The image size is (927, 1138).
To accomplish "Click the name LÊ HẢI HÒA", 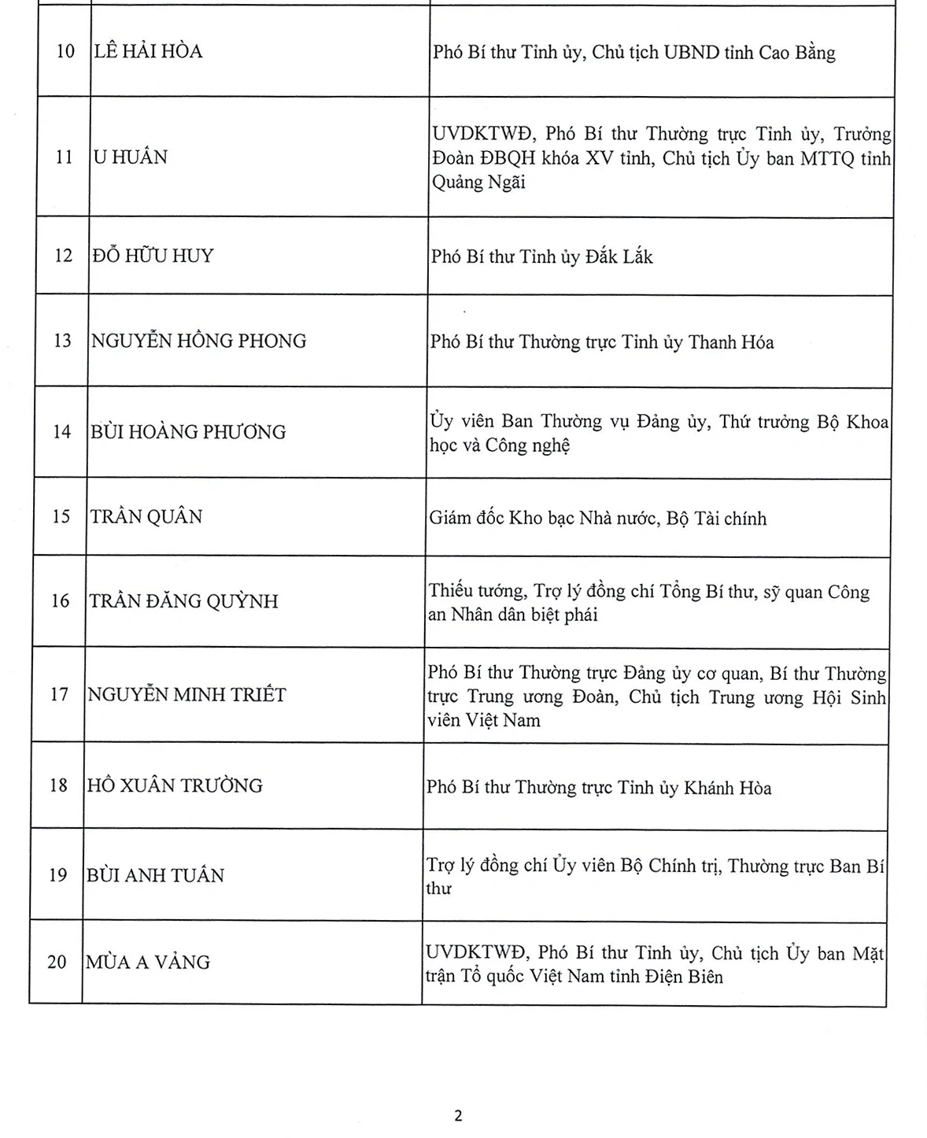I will (148, 52).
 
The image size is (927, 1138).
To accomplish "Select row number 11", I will (64, 157).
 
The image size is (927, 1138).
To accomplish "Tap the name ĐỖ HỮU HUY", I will (153, 256).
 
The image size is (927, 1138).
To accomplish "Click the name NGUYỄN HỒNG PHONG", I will (199, 341).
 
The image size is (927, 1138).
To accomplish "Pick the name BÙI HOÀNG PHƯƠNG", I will (188, 432).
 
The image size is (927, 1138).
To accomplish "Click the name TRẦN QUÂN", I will (146, 517).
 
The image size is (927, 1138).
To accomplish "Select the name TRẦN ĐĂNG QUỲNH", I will (183, 601).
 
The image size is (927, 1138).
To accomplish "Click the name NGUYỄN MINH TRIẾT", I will (187, 695).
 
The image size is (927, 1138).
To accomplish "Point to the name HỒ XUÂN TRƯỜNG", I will (174, 785).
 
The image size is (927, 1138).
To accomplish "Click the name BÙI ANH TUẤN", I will (155, 875).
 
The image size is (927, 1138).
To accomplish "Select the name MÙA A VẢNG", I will (148, 962).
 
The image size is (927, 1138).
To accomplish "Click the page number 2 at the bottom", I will (458, 1115).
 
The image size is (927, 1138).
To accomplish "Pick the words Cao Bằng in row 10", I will (796, 54).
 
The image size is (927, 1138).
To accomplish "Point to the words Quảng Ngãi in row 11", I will (478, 183).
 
